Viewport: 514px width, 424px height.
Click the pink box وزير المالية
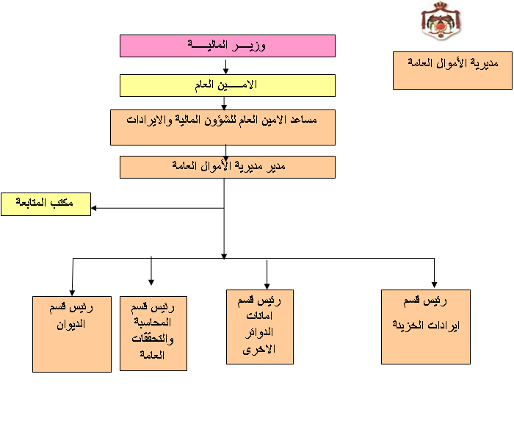[x=228, y=46]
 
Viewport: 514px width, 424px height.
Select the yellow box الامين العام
[x=228, y=86]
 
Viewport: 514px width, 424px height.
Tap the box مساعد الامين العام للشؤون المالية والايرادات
[x=222, y=127]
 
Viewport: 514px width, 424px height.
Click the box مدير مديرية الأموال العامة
[x=228, y=167]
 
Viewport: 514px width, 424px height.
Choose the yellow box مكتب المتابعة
[x=46, y=204]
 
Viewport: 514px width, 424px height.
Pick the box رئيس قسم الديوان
[x=72, y=334]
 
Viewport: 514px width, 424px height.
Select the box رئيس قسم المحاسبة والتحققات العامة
[x=153, y=334]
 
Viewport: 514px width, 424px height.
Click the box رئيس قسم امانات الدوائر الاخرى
[x=260, y=327]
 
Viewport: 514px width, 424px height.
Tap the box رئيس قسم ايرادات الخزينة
[x=426, y=327]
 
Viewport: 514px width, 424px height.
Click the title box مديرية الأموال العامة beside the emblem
[x=453, y=71]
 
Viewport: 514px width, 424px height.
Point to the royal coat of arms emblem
[x=441, y=21]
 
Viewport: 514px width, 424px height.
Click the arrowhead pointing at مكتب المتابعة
[x=93, y=208]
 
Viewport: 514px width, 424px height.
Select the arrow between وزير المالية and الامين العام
[x=225, y=67]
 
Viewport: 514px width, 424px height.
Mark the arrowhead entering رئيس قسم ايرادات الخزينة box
[x=435, y=285]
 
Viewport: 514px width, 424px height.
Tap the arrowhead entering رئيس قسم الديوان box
[x=72, y=292]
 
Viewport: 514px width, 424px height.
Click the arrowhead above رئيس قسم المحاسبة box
[x=151, y=282]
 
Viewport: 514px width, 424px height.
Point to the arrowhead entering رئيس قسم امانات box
[x=267, y=286]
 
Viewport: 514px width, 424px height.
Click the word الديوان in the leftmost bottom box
[x=70, y=325]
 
